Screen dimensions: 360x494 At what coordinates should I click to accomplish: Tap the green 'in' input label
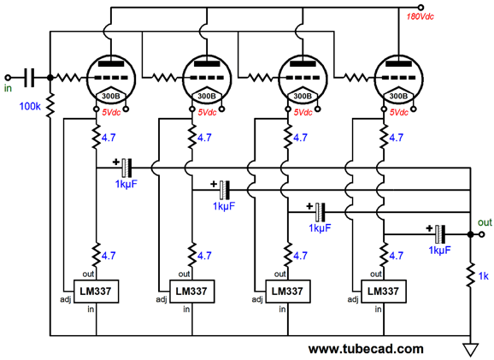coord(9,88)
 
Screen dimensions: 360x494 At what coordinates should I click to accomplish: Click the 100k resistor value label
coord(29,107)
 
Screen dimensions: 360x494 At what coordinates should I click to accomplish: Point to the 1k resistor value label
coord(484,275)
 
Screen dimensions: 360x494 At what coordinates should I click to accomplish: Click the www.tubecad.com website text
coord(365,349)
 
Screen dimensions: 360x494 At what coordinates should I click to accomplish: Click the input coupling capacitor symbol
coord(32,78)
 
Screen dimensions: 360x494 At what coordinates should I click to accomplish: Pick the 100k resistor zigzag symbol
coord(50,105)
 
